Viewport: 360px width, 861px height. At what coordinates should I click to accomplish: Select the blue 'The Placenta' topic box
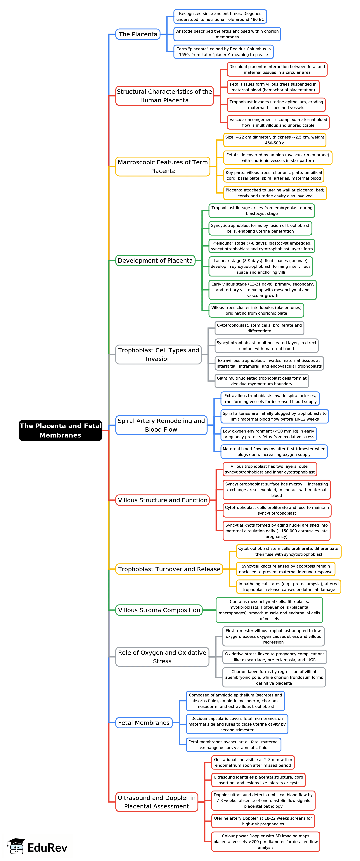138,34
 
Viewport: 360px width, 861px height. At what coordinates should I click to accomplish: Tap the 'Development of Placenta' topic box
155,260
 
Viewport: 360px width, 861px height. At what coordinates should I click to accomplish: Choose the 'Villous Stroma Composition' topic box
159,610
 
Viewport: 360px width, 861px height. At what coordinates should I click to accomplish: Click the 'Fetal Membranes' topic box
144,723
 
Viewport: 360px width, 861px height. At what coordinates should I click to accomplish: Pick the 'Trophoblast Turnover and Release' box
169,569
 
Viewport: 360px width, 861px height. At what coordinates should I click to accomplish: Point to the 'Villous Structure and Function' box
162,500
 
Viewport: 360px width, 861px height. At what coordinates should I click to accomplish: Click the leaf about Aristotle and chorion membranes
227,34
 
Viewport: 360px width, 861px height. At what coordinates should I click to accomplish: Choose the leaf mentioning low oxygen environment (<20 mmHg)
268,434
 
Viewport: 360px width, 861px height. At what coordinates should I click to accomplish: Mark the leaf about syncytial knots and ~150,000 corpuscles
276,531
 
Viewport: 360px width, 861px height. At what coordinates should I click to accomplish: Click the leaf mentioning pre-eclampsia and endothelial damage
288,587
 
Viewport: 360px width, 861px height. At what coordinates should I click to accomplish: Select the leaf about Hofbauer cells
269,610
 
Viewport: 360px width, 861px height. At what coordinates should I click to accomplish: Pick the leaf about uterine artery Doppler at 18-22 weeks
263,821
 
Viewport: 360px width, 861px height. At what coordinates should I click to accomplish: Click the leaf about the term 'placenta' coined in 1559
223,52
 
